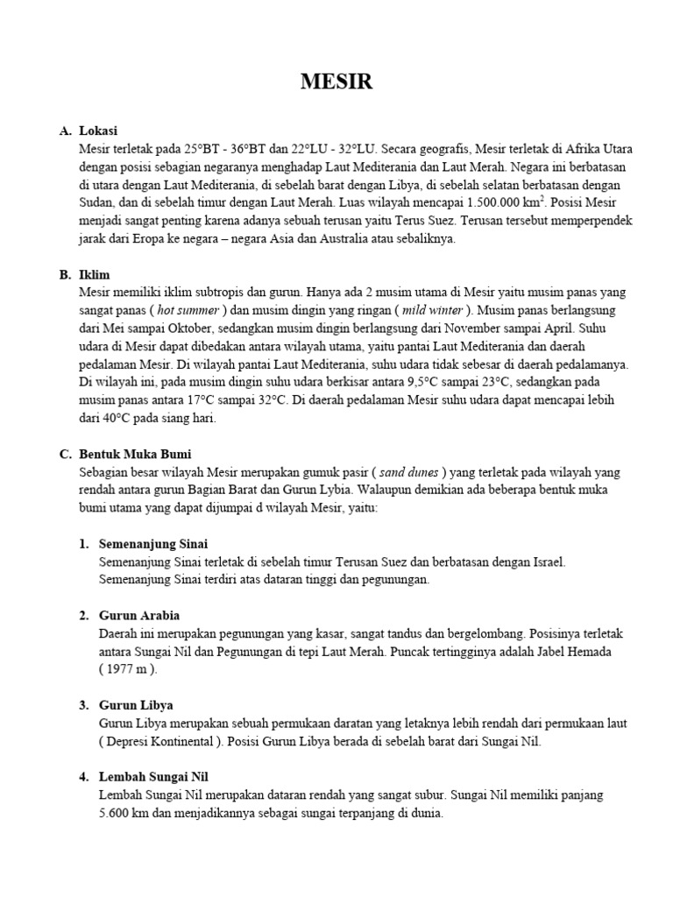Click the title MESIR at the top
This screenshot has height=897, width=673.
click(336, 82)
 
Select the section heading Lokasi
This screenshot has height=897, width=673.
click(98, 131)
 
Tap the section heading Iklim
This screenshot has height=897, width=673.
click(95, 274)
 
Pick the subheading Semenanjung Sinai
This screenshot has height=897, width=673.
click(153, 544)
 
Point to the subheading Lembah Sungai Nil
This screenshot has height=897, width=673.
click(153, 777)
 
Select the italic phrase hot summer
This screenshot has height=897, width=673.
click(192, 310)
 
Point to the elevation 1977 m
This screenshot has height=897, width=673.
click(128, 669)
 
